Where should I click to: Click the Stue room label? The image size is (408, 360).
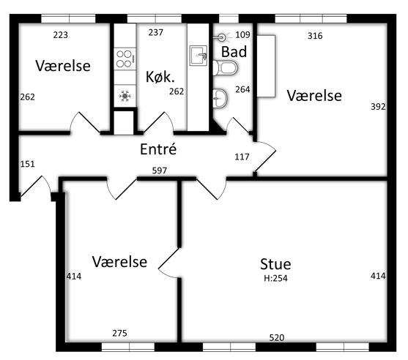point(275,264)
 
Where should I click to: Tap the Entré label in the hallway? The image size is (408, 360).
point(158,149)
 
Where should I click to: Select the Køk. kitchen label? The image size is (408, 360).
point(160,77)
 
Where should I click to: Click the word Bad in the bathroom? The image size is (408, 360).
point(234,52)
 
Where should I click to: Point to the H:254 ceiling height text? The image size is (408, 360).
point(275,278)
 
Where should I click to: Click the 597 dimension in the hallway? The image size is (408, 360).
point(160,170)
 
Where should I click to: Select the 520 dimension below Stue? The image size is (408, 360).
point(277,337)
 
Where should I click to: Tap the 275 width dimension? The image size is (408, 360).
point(119,333)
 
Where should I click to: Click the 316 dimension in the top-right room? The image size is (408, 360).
point(315,36)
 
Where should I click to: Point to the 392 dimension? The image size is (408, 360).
point(378,107)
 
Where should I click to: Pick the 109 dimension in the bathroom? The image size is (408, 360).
point(242,34)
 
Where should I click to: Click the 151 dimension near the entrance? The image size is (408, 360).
point(27,164)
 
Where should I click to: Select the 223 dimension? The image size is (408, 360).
point(61,35)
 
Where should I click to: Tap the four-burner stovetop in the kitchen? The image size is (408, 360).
point(125,59)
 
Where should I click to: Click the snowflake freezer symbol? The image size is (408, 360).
point(125,96)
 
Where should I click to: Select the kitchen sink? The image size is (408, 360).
point(199,56)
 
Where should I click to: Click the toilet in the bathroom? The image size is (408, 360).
point(225,68)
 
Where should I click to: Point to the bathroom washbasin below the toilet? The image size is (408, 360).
point(220,98)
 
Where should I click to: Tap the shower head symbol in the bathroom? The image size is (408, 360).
point(220,38)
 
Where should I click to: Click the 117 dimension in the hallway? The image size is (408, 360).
point(242,157)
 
